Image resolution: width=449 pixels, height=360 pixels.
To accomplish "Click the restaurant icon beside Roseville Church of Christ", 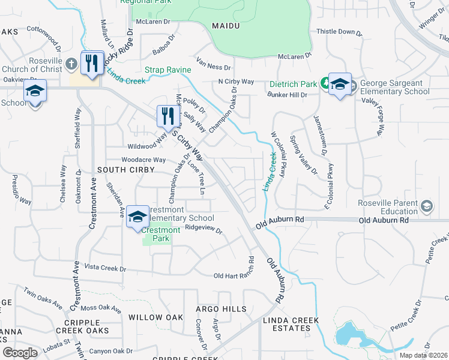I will (x=92, y=63).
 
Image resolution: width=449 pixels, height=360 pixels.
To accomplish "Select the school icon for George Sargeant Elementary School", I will (x=339, y=85).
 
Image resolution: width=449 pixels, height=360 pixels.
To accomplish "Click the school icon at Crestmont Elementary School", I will (x=137, y=217).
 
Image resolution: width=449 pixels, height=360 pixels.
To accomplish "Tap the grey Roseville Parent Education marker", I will (x=426, y=207).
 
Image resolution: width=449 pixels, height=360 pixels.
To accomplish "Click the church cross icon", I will (x=71, y=63).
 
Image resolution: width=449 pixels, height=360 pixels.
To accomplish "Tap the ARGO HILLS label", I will (x=221, y=309).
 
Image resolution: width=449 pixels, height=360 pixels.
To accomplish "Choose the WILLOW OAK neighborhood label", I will (x=155, y=317).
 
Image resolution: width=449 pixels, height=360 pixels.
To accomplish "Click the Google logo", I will (x=20, y=353).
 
